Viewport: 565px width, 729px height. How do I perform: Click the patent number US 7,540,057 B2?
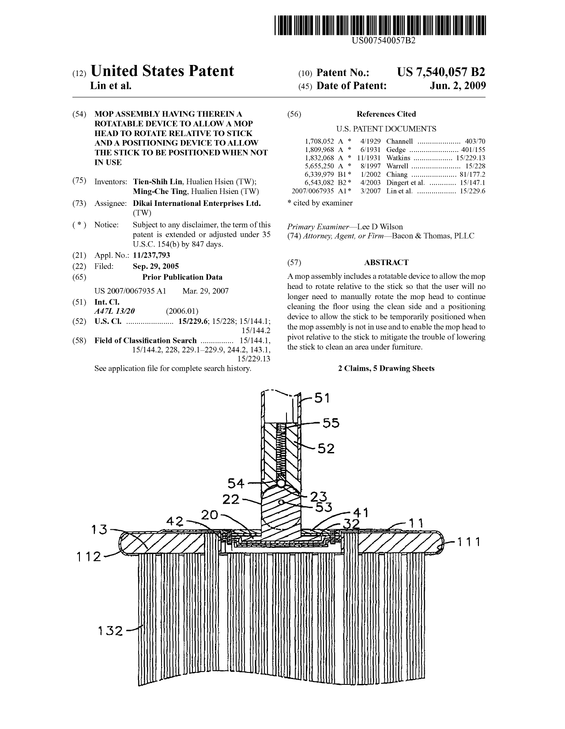click(x=441, y=72)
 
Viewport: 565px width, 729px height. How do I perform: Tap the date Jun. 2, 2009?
click(x=458, y=86)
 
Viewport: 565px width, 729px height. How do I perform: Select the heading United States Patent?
click(x=162, y=71)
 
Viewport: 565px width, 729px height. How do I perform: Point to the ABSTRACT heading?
click(x=386, y=262)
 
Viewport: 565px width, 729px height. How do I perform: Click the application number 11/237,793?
click(x=151, y=255)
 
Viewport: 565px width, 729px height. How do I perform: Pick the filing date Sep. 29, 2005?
click(x=156, y=266)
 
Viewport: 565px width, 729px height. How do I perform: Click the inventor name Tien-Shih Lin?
click(x=158, y=182)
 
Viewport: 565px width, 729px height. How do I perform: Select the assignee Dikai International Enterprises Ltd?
click(x=197, y=203)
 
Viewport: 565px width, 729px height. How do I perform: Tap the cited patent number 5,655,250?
click(x=320, y=166)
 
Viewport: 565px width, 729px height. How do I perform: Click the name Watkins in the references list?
click(x=398, y=158)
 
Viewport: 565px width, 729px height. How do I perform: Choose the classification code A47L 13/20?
click(x=115, y=311)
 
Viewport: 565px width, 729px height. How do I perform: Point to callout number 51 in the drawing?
click(x=322, y=398)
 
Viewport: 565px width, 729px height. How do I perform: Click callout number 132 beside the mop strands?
click(x=110, y=631)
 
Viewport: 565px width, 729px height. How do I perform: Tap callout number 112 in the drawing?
click(x=89, y=557)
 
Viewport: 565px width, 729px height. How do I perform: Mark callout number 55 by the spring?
click(x=331, y=423)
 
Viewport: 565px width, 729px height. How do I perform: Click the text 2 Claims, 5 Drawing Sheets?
click(x=386, y=368)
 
